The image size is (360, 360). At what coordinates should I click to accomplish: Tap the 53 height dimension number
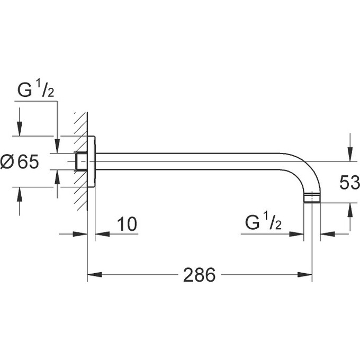coord(349,184)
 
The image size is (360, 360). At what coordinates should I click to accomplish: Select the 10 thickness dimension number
coord(127,224)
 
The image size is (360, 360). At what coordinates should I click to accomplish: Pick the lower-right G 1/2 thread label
coord(263,223)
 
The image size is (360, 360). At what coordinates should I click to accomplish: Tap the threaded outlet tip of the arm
coord(312,200)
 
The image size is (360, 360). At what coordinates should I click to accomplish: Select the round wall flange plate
coord(91,161)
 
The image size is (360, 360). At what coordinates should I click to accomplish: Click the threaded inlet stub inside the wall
coord(80,161)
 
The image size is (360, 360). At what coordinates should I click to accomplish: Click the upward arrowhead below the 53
coord(349,213)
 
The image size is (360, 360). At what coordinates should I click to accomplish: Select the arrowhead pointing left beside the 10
coord(101,233)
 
